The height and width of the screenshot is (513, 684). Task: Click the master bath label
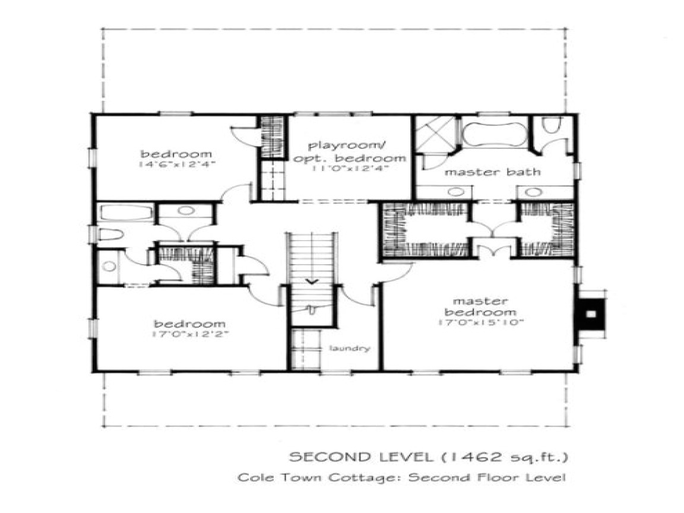pyautogui.click(x=493, y=172)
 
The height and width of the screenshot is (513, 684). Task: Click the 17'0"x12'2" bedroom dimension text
pyautogui.click(x=190, y=334)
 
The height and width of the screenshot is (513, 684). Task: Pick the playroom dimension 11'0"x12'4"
pyautogui.click(x=349, y=169)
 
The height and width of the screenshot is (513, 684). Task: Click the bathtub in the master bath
pyautogui.click(x=493, y=134)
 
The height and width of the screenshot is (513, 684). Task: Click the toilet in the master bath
pyautogui.click(x=552, y=126)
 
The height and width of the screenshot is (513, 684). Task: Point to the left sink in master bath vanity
pyautogui.click(x=455, y=192)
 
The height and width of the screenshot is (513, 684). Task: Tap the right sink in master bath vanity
pyautogui.click(x=533, y=192)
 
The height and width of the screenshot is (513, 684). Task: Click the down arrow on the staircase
pyautogui.click(x=311, y=281)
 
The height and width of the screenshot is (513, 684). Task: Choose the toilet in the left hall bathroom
pyautogui.click(x=112, y=234)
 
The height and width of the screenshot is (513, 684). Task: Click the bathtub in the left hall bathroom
pyautogui.click(x=125, y=213)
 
